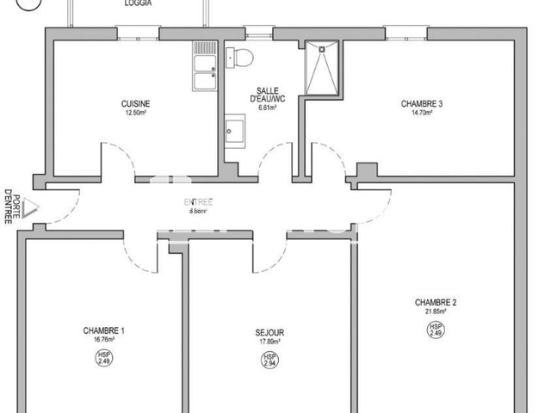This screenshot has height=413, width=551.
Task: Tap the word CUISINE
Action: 136,103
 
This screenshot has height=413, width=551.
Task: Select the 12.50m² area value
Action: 136,113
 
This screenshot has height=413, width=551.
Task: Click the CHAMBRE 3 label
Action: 422,103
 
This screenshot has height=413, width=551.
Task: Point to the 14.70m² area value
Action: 422,113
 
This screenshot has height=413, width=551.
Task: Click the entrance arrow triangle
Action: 30,207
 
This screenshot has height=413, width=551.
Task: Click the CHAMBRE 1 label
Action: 104,330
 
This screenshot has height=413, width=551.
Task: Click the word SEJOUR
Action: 269,332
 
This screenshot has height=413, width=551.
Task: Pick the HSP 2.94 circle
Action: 269,361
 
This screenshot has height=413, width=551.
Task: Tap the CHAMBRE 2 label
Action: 435,302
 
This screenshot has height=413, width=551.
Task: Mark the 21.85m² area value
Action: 435,311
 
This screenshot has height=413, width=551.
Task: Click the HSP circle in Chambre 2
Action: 436,330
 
